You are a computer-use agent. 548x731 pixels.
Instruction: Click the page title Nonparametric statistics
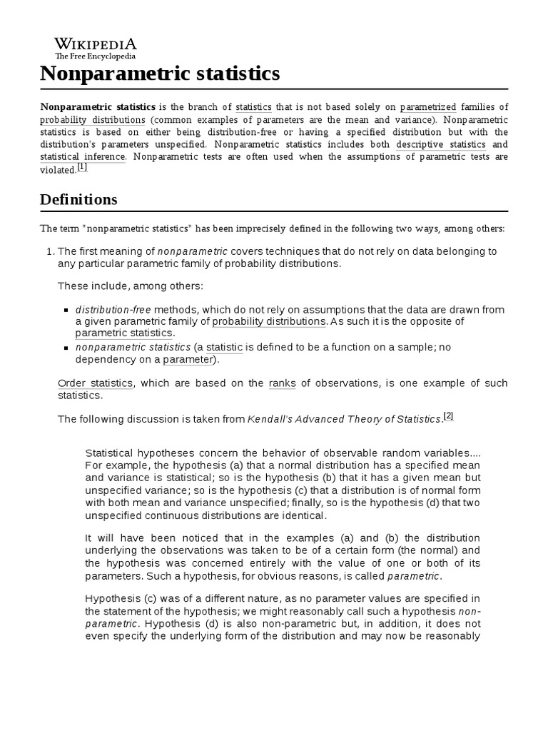160,74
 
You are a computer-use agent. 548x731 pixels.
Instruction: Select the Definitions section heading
78,199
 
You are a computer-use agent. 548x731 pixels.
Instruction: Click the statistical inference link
83,156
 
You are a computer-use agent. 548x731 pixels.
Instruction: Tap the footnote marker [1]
82,168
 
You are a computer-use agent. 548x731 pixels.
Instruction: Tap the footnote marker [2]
448,417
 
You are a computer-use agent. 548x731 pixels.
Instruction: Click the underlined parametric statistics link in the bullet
124,333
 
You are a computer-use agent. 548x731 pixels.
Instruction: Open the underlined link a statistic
220,347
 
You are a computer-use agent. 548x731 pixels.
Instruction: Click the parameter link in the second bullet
188,359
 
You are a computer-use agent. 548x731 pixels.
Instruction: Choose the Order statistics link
95,383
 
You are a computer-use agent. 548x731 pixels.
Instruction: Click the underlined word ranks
282,383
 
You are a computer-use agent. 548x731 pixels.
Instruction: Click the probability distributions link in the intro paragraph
93,119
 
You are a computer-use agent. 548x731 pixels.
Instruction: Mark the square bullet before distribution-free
66,311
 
